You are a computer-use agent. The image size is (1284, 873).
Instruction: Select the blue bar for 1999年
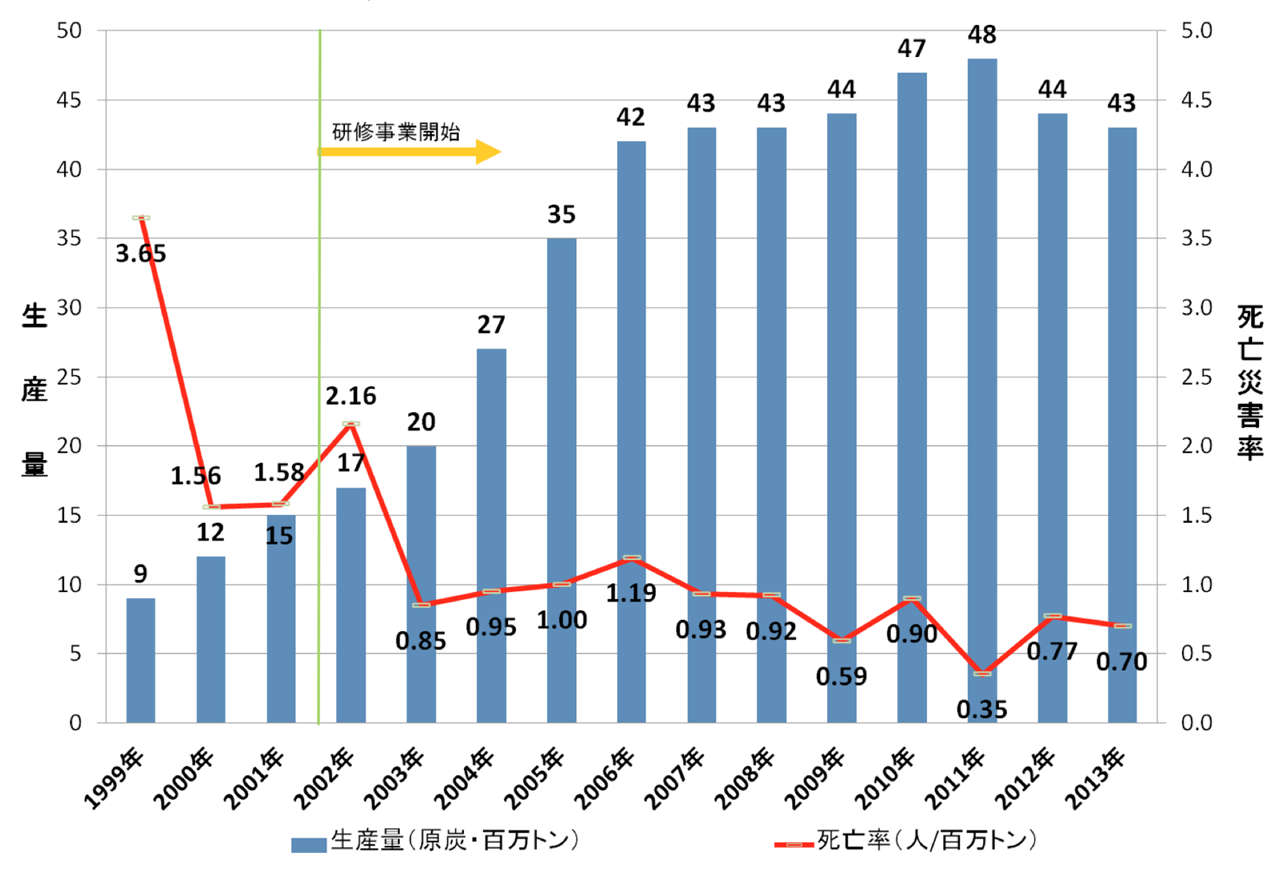coord(140,660)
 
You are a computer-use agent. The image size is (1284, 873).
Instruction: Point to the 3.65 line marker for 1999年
coord(141,218)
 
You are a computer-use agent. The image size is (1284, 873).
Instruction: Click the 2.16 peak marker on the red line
coord(351,423)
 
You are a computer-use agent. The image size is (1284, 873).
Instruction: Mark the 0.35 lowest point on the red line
coord(982,673)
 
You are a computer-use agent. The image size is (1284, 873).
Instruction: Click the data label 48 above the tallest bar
coord(981,35)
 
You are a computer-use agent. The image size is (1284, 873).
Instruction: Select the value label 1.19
coord(631,594)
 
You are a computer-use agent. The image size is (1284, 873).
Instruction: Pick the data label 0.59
coord(841,677)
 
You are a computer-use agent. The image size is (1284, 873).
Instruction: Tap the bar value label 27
coord(491,324)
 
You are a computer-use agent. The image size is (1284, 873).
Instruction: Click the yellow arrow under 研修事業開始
coord(409,151)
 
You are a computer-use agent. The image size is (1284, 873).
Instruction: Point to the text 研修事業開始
coord(396,131)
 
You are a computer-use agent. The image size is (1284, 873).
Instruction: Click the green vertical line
coord(319,321)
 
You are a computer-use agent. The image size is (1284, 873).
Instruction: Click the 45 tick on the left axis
coord(69,100)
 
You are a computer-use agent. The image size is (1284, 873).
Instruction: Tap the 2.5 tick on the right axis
coord(1196,377)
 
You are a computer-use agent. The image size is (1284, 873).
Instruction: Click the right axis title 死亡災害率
coord(1249,381)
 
